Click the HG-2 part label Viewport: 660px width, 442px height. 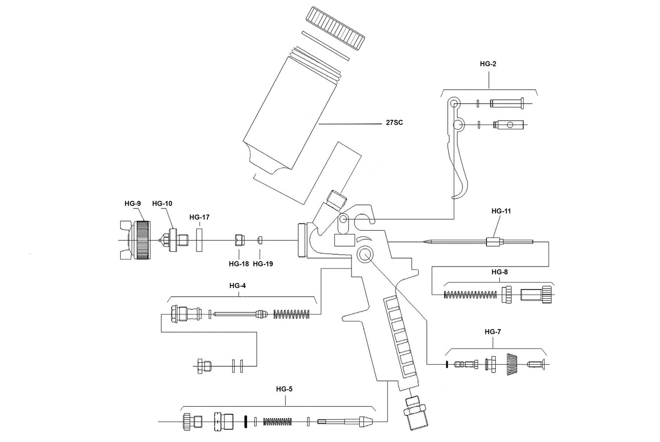click(x=488, y=64)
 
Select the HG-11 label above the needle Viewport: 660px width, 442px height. click(x=501, y=211)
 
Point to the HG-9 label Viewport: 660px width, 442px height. click(x=132, y=203)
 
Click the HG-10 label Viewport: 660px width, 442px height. click(x=162, y=203)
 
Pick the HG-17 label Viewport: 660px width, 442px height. click(x=199, y=217)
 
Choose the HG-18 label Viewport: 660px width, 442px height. click(x=239, y=264)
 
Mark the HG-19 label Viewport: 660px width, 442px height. click(x=263, y=264)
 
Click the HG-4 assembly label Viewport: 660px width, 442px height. click(x=239, y=286)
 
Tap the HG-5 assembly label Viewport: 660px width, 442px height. click(x=284, y=390)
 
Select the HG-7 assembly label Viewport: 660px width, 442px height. click(x=493, y=331)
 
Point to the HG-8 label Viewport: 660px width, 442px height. click(x=501, y=271)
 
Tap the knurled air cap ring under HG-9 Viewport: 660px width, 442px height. click(x=142, y=240)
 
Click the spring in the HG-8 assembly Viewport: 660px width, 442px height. click(x=470, y=294)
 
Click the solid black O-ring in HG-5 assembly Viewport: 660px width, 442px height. click(x=246, y=421)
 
